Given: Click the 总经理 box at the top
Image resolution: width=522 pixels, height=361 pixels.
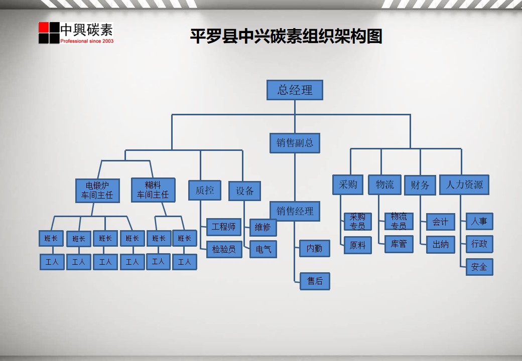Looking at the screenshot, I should pyautogui.click(x=294, y=90).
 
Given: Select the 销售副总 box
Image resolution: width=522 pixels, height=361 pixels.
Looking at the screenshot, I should pyautogui.click(x=295, y=143).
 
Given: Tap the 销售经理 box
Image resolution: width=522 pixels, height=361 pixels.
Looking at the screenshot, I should pyautogui.click(x=295, y=211).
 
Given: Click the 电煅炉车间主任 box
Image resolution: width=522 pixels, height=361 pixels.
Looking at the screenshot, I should pyautogui.click(x=97, y=191).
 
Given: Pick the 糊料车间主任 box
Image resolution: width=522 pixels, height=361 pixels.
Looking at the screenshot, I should pyautogui.click(x=153, y=190).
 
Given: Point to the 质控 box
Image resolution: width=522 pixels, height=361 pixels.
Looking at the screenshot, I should pyautogui.click(x=204, y=190).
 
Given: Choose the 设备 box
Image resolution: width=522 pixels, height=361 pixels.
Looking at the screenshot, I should pyautogui.click(x=245, y=191).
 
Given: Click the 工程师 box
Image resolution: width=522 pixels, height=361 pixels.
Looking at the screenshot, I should pyautogui.click(x=223, y=227).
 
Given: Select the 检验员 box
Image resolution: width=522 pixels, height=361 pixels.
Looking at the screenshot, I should pyautogui.click(x=223, y=249).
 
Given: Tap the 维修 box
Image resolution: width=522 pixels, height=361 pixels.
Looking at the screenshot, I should pyautogui.click(x=263, y=227).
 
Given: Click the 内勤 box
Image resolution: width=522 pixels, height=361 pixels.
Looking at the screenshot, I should pyautogui.click(x=315, y=248).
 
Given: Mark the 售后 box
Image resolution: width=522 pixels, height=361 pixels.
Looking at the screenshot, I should pyautogui.click(x=315, y=281).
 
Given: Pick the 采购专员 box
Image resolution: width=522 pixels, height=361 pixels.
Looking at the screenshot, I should pyautogui.click(x=357, y=221).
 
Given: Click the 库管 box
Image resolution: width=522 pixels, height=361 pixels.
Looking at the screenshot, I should pyautogui.click(x=399, y=244).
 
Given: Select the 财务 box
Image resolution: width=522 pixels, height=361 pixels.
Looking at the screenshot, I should pyautogui.click(x=420, y=185).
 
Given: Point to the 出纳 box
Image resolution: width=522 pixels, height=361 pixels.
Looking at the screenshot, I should pyautogui.click(x=440, y=245).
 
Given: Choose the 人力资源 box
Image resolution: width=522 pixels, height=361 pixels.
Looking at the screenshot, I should pyautogui.click(x=464, y=185).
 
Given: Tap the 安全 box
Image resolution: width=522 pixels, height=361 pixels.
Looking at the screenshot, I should pyautogui.click(x=479, y=267).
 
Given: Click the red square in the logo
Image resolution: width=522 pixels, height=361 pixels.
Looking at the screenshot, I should pyautogui.click(x=44, y=27).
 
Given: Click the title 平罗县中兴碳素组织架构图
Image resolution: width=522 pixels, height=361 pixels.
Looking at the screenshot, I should pyautogui.click(x=286, y=36).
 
